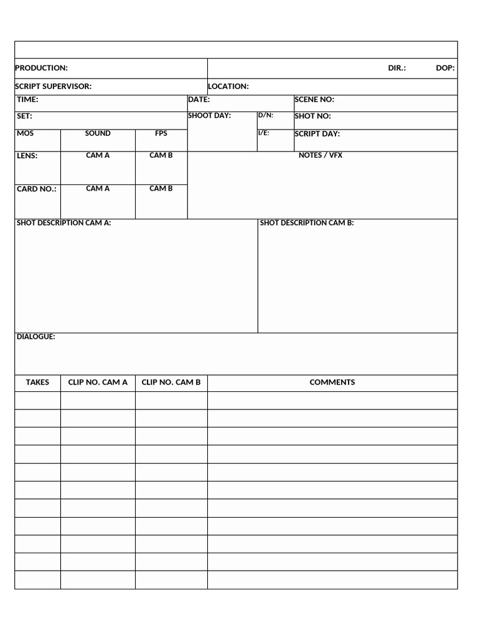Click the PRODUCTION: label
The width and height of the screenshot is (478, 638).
[41, 68]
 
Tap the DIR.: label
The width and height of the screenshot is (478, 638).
[396, 68]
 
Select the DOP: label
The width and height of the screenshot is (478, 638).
[445, 68]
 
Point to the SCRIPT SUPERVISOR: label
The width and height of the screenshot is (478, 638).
[53, 87]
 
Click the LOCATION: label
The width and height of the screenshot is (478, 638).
[228, 87]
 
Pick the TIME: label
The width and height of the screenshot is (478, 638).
[27, 100]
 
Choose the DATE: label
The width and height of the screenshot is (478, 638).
[199, 100]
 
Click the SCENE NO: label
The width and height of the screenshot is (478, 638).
[314, 100]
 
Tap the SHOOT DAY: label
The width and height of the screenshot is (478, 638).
[210, 116]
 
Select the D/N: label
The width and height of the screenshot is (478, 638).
[266, 115]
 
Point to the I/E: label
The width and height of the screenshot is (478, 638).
[264, 133]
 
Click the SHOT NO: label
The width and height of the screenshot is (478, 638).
[312, 117]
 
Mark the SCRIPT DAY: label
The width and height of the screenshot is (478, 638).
[317, 134]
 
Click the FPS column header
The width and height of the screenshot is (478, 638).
[161, 133]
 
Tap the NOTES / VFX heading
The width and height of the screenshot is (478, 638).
[321, 155]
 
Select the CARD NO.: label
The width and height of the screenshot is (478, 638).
[37, 189]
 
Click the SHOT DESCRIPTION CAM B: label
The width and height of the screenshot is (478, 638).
[307, 222]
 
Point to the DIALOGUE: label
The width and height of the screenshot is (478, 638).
[35, 337]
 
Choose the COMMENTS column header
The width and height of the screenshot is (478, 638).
[332, 383]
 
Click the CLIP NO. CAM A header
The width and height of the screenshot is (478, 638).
[98, 383]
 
